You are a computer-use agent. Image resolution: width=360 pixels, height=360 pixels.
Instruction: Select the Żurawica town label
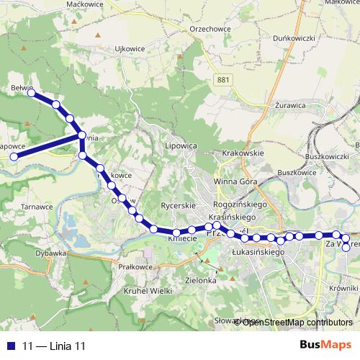tap(291, 106)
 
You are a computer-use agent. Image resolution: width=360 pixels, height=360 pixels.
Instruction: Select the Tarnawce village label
tap(37, 206)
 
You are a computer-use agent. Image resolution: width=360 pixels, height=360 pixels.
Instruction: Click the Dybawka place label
tap(50, 253)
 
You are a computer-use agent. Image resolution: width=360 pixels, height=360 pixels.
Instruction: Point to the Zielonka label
tap(201, 280)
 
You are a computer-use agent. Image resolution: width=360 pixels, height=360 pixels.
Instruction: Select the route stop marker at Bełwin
tap(31, 92)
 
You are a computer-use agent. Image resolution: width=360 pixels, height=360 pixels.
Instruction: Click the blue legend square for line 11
tap(11, 346)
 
